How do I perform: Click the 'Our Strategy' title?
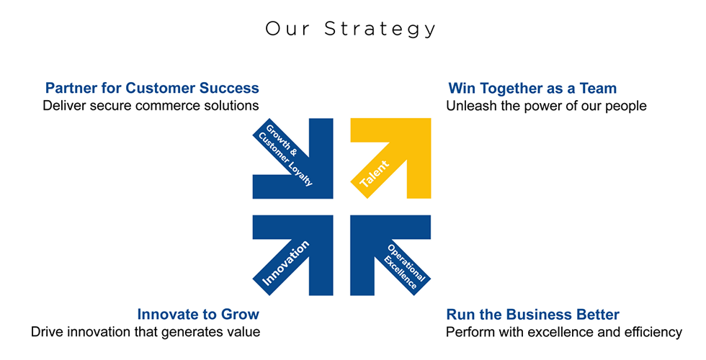[350, 29]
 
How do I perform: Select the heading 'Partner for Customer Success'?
[152, 88]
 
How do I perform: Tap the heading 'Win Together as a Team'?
[532, 88]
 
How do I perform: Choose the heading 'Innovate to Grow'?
[198, 314]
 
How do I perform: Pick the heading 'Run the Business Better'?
[532, 314]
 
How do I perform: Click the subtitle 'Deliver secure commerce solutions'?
[151, 105]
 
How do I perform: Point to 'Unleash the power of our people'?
[546, 106]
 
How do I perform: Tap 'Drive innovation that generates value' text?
[146, 332]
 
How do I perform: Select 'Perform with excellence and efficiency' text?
[563, 332]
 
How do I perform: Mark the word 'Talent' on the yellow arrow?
[375, 174]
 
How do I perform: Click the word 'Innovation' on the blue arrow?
[286, 264]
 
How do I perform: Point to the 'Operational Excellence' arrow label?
[404, 267]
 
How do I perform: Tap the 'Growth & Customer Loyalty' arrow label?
[285, 155]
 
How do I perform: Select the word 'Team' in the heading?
[597, 88]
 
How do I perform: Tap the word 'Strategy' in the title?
[380, 30]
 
